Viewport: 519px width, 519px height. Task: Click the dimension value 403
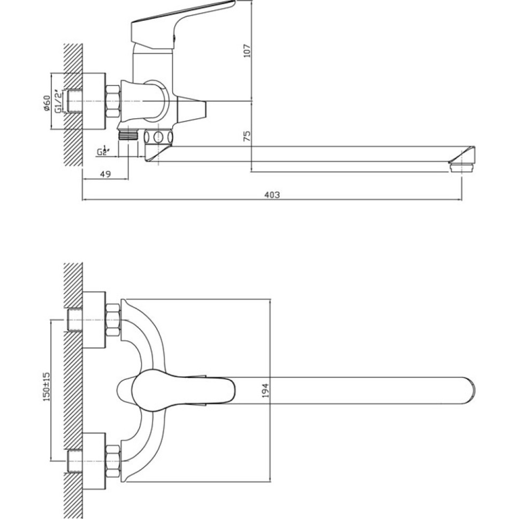272,195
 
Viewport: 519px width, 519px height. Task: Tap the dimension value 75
247,135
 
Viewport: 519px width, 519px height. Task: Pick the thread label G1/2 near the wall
57,101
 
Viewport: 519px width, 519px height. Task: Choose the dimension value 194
266,391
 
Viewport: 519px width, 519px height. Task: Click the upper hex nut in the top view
113,319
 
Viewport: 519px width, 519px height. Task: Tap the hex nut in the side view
113,101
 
